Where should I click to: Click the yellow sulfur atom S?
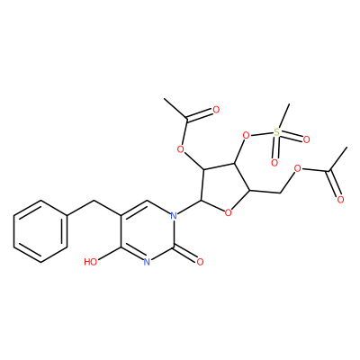(x=276, y=131)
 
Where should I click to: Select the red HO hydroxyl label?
(x=91, y=262)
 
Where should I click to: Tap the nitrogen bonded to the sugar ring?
(x=173, y=215)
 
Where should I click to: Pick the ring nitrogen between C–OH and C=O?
(x=147, y=262)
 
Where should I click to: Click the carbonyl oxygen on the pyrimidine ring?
(x=200, y=262)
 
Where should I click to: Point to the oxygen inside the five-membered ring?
(x=229, y=213)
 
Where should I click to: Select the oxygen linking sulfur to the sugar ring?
(x=246, y=136)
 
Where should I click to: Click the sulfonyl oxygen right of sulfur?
(x=306, y=139)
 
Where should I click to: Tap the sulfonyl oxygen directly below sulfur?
(x=274, y=163)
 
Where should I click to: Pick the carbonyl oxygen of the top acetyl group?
(x=216, y=110)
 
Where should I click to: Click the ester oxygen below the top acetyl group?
(x=180, y=148)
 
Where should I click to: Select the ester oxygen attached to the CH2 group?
(x=297, y=169)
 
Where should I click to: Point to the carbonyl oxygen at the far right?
(x=340, y=199)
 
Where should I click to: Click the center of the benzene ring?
(x=40, y=232)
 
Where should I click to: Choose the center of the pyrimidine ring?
(x=147, y=231)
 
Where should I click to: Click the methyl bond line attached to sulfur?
(x=283, y=116)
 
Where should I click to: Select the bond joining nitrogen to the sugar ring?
(x=189, y=208)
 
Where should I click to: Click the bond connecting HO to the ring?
(x=110, y=255)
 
